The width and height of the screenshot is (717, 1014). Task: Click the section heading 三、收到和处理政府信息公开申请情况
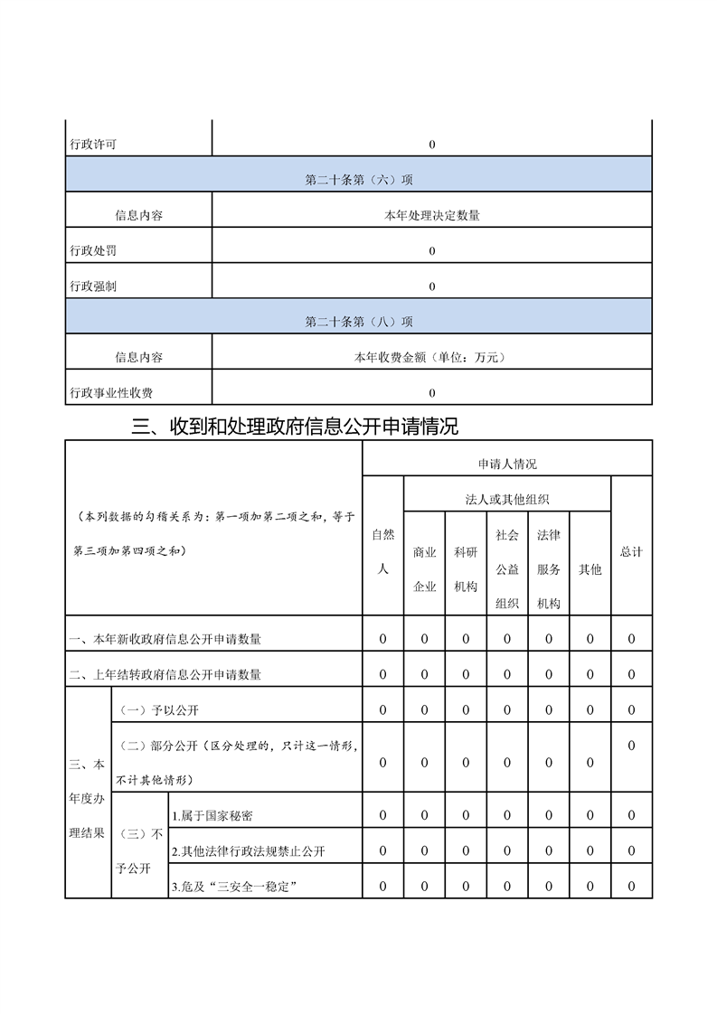(295, 426)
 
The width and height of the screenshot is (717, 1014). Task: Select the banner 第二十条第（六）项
(359, 180)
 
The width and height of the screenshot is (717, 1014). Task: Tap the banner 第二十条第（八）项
(359, 321)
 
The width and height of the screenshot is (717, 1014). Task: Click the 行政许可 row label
(93, 145)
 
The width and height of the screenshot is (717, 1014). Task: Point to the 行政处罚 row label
(93, 250)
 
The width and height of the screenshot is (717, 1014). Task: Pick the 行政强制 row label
(93, 286)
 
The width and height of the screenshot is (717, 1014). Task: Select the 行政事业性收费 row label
(111, 392)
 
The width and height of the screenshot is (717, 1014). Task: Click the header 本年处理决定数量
(432, 215)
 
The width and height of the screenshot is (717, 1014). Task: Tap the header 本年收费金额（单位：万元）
(432, 357)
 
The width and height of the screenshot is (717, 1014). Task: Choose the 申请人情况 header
(507, 464)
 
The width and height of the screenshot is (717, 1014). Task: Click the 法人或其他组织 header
(507, 499)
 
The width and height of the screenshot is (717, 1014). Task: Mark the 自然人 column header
(383, 551)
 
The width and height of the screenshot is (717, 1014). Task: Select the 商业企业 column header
(425, 569)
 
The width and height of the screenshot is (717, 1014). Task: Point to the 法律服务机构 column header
(549, 569)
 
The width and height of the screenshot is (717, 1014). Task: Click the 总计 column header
(631, 551)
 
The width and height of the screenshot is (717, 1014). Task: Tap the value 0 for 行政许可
(432, 145)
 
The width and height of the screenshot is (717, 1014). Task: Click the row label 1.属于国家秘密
(212, 816)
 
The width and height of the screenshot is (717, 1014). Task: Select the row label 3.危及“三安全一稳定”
(235, 887)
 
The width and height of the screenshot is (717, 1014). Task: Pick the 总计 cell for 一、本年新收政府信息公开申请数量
(631, 639)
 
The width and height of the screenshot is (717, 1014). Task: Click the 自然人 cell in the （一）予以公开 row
(383, 709)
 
